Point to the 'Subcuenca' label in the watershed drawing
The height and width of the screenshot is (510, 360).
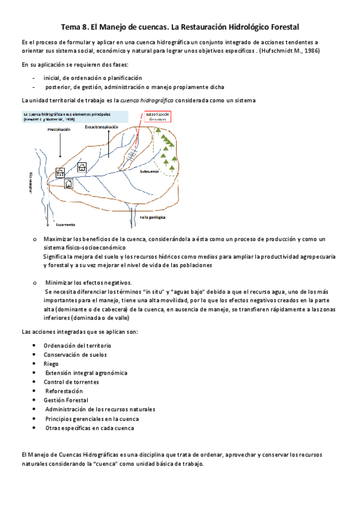pyautogui.click(x=149, y=171)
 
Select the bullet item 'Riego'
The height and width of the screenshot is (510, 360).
pyautogui.click(x=51, y=363)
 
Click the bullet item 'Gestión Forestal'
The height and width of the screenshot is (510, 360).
pyautogui.click(x=66, y=400)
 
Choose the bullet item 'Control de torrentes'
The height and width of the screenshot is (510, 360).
pyautogui.click(x=71, y=382)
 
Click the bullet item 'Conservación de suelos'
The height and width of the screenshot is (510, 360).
pyautogui.click(x=75, y=354)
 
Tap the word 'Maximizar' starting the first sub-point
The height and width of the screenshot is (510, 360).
pyautogui.click(x=58, y=239)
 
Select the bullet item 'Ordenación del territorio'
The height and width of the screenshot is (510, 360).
pyautogui.click(x=77, y=345)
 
